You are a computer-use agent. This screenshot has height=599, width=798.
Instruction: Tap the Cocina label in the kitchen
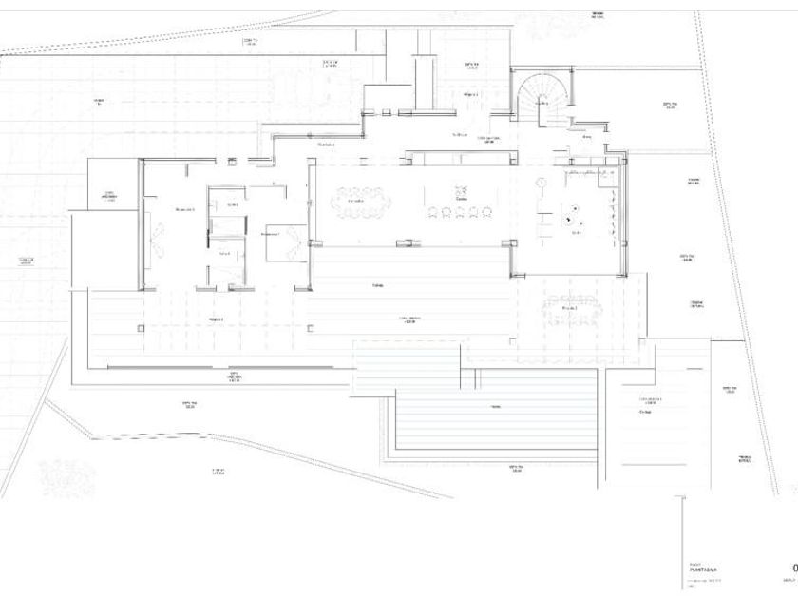[x=460, y=199]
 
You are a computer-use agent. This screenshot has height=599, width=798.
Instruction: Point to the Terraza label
[x=364, y=284]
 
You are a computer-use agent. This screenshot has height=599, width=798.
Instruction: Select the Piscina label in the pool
[x=495, y=407]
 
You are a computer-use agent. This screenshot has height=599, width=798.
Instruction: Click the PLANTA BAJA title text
[x=704, y=570]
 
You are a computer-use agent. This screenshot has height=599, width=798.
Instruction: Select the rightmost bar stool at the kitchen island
[x=485, y=211]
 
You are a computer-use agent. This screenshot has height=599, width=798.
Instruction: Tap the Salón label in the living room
[x=576, y=233]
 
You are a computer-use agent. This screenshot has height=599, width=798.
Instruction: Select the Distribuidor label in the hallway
[x=326, y=145]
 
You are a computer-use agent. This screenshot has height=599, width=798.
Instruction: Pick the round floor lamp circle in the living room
[x=540, y=181]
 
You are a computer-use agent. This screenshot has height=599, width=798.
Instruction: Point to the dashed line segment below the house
[x=152, y=437]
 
